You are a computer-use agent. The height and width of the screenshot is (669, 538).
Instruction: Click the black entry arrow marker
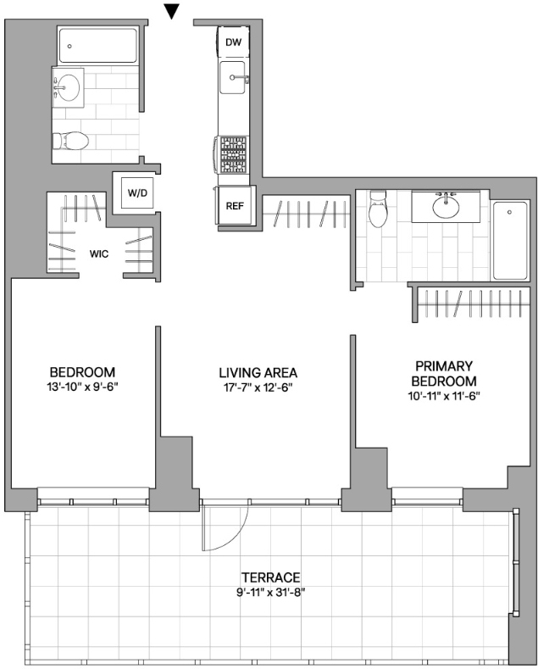click(x=172, y=12)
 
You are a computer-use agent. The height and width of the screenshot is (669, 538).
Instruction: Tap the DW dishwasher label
click(x=233, y=42)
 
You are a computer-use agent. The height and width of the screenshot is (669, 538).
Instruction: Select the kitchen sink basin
click(x=232, y=77)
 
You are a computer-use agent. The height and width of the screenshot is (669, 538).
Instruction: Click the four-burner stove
click(x=234, y=154)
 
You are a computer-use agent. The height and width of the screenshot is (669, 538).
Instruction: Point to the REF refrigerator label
click(x=235, y=206)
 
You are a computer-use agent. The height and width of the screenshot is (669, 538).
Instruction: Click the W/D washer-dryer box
click(x=137, y=192)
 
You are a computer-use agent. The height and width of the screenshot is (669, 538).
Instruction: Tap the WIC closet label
click(x=99, y=254)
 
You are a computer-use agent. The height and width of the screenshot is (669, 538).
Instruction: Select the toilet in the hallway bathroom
click(x=70, y=141)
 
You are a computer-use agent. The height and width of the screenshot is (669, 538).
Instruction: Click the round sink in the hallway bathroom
click(x=69, y=87)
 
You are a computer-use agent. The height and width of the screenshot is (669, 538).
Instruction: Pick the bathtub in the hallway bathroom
click(x=97, y=45)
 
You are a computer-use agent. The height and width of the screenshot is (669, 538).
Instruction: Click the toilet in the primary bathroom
click(x=378, y=209)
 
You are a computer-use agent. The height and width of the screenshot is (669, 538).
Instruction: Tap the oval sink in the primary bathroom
click(x=446, y=207)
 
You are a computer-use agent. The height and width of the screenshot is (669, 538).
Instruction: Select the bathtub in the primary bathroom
click(x=510, y=240)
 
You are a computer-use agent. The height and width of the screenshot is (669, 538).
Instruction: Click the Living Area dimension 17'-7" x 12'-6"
click(x=258, y=387)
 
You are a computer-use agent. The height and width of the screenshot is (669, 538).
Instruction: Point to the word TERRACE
click(x=271, y=577)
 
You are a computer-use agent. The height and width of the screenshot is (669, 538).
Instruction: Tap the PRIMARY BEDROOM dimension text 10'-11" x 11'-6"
click(x=444, y=396)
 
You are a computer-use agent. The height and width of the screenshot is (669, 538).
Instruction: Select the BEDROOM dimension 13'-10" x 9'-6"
click(x=83, y=387)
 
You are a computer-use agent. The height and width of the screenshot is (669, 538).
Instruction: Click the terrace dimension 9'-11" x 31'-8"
click(x=271, y=593)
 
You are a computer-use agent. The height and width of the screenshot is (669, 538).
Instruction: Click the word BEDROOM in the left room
click(x=83, y=372)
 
